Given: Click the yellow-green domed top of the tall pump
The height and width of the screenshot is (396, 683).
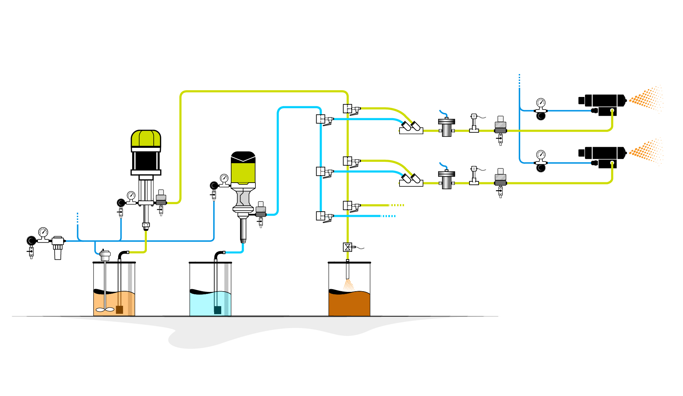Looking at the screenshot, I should [x=146, y=138].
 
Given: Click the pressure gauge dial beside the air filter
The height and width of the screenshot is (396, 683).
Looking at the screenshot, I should [x=43, y=232].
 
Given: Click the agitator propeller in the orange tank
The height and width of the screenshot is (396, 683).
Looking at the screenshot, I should [x=105, y=310].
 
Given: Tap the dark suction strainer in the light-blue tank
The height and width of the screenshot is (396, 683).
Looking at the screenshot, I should [x=218, y=310].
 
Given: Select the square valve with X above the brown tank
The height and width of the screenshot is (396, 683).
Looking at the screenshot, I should [x=347, y=247].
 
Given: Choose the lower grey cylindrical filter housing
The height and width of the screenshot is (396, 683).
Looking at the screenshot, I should [x=447, y=180].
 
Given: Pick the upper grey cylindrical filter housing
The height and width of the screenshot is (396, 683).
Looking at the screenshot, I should [x=447, y=127].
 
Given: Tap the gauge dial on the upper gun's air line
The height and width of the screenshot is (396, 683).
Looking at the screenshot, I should [x=541, y=102].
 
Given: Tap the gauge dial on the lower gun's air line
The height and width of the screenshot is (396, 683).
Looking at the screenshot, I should [x=541, y=154].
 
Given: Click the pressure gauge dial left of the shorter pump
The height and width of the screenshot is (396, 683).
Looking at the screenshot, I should [x=224, y=178].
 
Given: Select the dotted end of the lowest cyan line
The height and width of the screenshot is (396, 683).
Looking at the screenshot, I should [x=389, y=216].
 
